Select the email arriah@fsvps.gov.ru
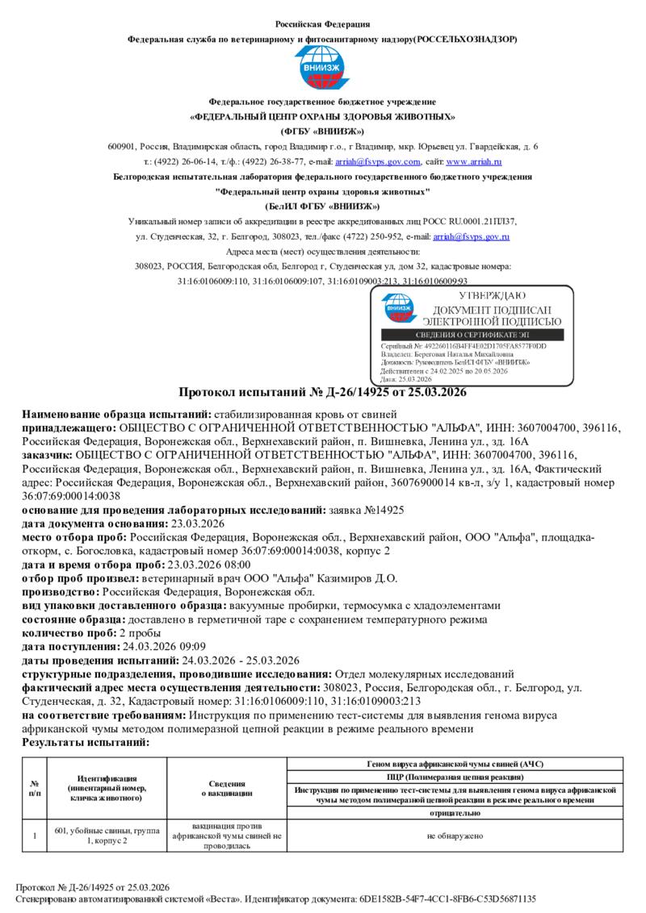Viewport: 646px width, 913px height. pyautogui.click(x=471, y=236)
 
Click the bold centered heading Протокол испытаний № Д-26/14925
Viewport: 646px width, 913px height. pyautogui.click(x=322, y=393)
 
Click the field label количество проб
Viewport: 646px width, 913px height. pyautogui.click(x=69, y=633)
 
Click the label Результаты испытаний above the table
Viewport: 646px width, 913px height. pyautogui.click(x=86, y=741)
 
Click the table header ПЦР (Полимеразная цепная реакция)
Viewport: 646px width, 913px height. pyautogui.click(x=455, y=776)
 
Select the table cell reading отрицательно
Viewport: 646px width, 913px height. pyautogui.click(x=455, y=814)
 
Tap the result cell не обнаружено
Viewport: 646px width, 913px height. pyautogui.click(x=455, y=836)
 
